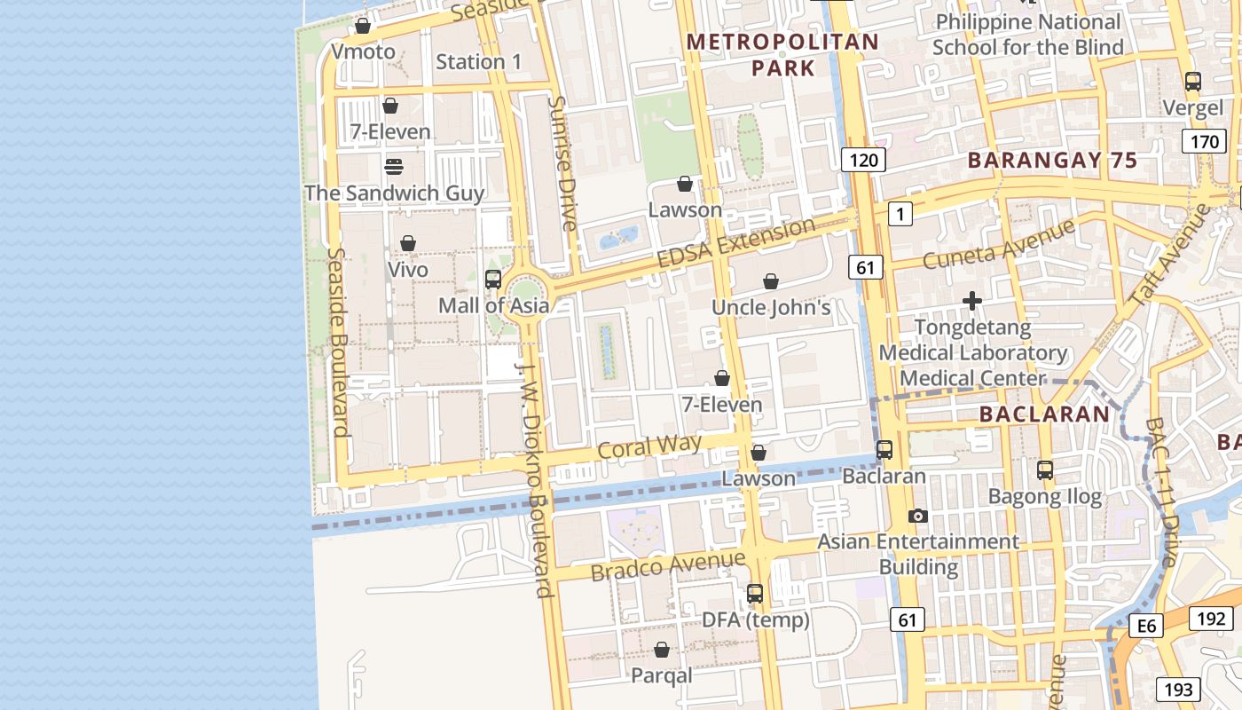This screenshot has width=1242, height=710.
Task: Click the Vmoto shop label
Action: pyautogui.click(x=363, y=51)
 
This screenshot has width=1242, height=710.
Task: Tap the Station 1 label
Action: pyautogui.click(x=478, y=61)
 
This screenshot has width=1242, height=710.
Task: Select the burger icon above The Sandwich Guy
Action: pyautogui.click(x=394, y=166)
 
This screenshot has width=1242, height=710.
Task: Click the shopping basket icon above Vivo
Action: pyautogui.click(x=408, y=243)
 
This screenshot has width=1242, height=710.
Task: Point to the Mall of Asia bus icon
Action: pyautogui.click(x=493, y=280)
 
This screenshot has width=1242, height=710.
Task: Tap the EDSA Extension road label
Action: pyautogui.click(x=735, y=242)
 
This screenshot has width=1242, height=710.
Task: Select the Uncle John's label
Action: pyautogui.click(x=771, y=307)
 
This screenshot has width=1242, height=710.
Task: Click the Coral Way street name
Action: pyautogui.click(x=649, y=446)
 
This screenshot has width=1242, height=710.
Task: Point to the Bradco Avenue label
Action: pyautogui.click(x=667, y=564)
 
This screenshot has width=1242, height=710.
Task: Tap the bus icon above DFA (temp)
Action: pyautogui.click(x=755, y=594)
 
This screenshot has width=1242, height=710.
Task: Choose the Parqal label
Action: pyautogui.click(x=661, y=675)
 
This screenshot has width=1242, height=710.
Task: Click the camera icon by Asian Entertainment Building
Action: pyautogui.click(x=918, y=516)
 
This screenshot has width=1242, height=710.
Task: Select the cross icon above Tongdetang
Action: pyautogui.click(x=972, y=302)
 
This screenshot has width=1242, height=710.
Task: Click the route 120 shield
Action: pyautogui.click(x=862, y=160)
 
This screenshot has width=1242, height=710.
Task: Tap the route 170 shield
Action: pyautogui.click(x=1205, y=142)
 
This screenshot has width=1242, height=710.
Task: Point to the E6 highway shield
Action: pyautogui.click(x=1147, y=627)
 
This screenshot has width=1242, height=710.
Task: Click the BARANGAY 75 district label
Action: pyautogui.click(x=1051, y=161)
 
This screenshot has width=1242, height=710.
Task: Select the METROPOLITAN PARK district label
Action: pyautogui.click(x=782, y=54)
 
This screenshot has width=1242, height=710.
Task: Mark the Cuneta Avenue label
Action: pyautogui.click(x=998, y=244)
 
